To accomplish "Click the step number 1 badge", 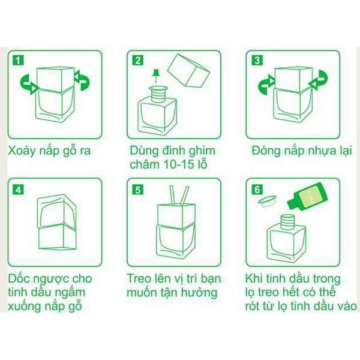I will pos(20,60).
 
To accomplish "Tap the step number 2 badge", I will pos(138,60).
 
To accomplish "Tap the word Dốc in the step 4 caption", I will pos(20,279).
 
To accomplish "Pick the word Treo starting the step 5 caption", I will pos(142,279).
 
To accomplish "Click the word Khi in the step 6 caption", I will pos(255,279).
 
